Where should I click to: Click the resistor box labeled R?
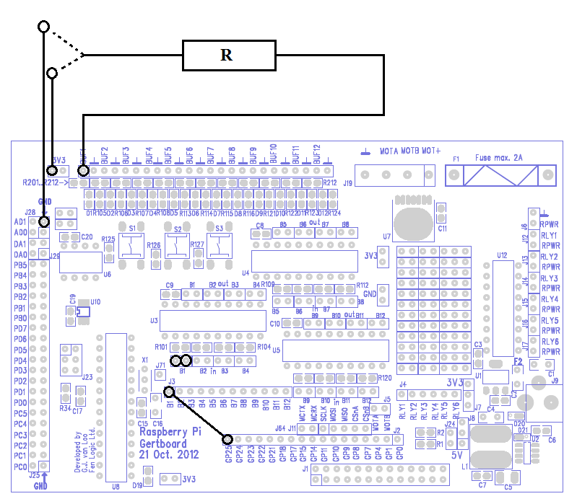tap(228, 56)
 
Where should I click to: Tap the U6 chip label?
tap(107, 275)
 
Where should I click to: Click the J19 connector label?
tap(348, 183)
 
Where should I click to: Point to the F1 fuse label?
tap(456, 158)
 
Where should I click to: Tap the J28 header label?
tap(30, 212)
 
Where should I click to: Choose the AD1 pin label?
tap(20, 222)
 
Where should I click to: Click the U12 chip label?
tap(502, 255)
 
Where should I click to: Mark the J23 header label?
tap(87, 377)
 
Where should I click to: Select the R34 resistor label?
tap(65, 409)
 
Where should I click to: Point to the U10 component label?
tap(95, 301)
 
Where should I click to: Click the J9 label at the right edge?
tap(555, 381)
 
